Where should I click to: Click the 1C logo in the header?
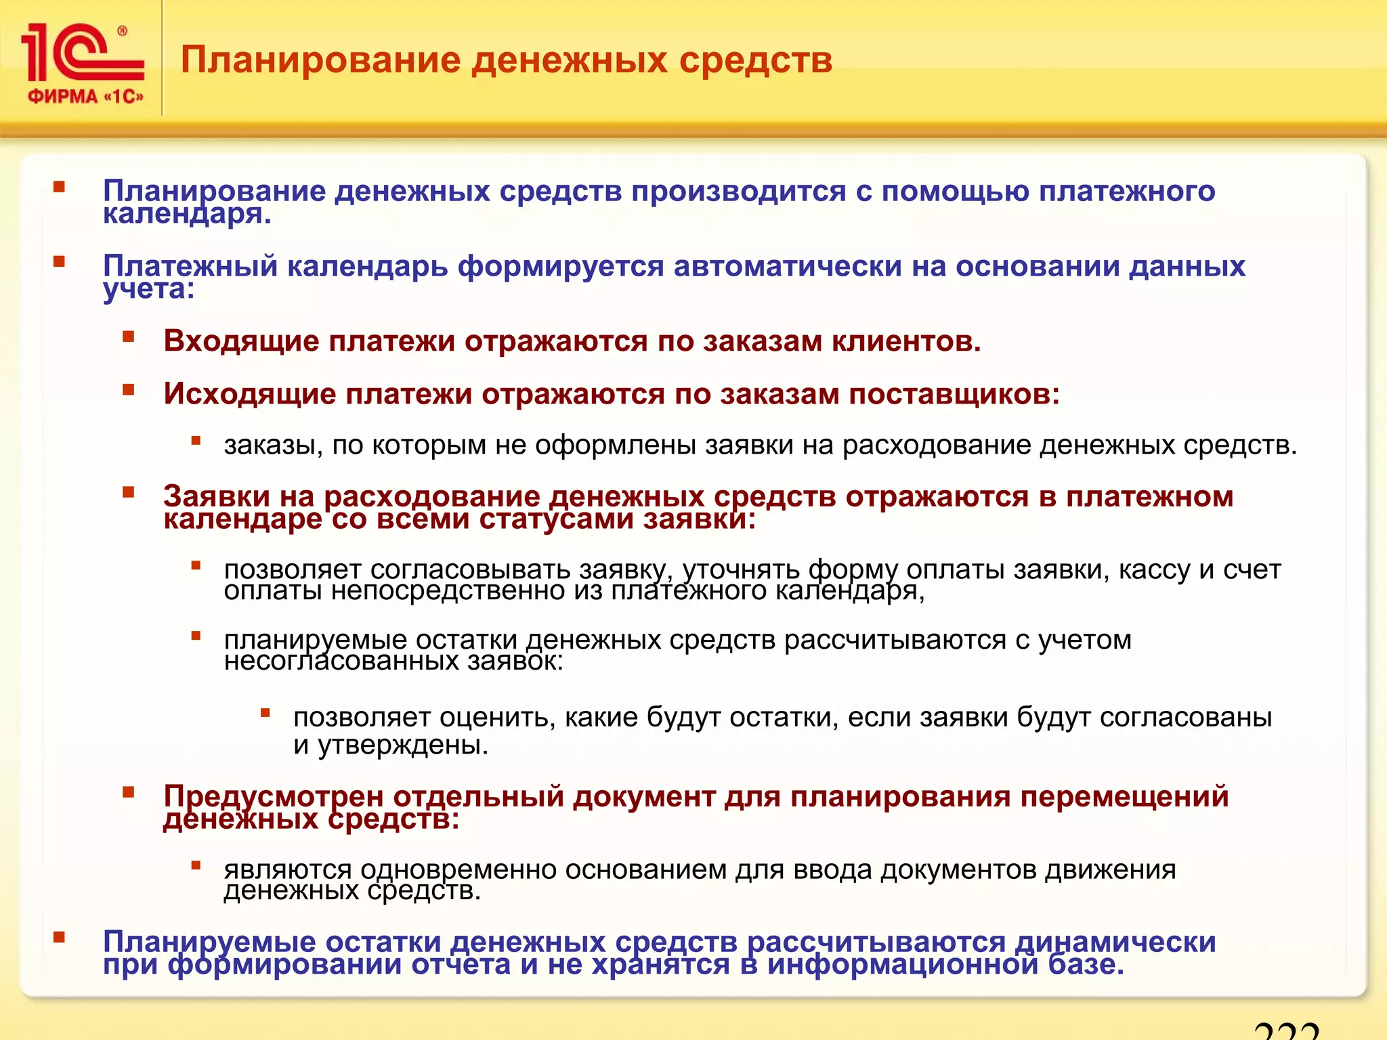[x=81, y=53]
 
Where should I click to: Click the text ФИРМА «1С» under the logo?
[x=85, y=97]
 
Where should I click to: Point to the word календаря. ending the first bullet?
[x=187, y=215]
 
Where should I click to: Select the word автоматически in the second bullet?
[x=788, y=266]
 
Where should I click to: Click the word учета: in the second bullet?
[x=148, y=290]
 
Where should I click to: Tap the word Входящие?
[x=241, y=341]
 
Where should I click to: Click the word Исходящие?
[x=250, y=394]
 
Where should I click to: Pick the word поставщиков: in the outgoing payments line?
[x=954, y=394]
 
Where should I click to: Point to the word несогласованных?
[x=341, y=661]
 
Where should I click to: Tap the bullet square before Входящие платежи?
[x=129, y=337]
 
